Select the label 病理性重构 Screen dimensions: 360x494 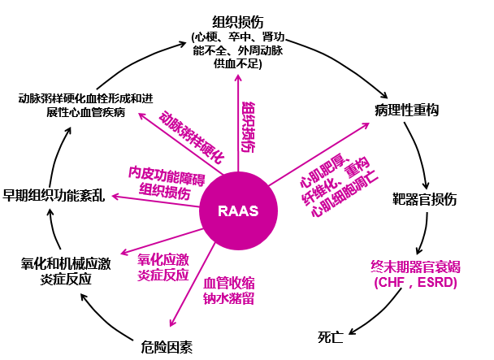408,108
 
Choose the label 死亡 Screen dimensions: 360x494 331,335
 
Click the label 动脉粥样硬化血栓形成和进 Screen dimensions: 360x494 86,98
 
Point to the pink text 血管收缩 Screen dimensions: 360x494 228,282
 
